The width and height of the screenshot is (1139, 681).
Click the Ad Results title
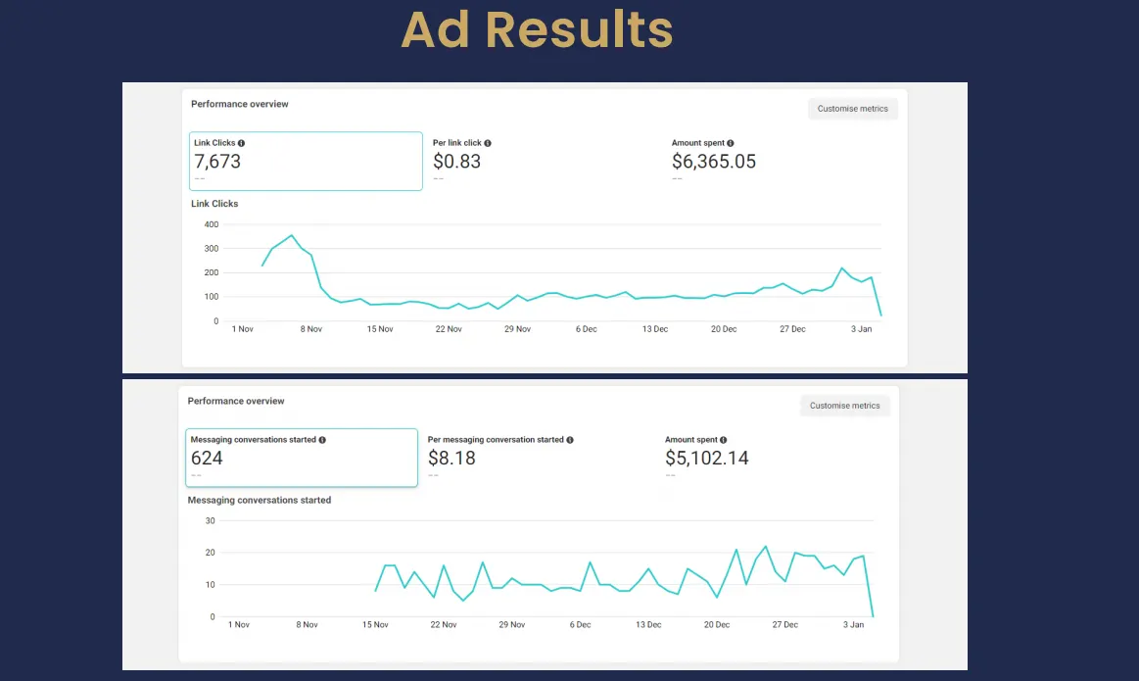(537, 30)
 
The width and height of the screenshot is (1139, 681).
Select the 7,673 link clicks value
(217, 162)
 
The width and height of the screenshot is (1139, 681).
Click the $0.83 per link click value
(456, 162)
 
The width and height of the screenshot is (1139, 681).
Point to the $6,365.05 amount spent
(714, 162)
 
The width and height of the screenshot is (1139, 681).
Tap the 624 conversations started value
(207, 458)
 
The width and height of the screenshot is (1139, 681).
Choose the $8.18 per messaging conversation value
(451, 458)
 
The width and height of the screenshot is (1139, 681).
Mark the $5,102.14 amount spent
(707, 458)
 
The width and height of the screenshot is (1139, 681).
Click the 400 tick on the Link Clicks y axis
(212, 224)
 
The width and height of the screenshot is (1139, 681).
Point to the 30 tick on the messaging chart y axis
(210, 520)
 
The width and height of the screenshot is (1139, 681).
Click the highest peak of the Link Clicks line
(291, 235)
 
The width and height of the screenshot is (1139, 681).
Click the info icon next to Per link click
(488, 143)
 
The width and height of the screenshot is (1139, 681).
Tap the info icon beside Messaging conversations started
(322, 440)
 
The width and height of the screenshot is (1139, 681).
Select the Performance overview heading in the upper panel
(240, 104)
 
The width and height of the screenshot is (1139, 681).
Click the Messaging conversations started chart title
(260, 500)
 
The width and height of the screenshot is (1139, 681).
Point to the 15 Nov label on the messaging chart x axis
(377, 624)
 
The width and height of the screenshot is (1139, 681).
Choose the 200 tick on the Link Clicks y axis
(212, 272)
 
